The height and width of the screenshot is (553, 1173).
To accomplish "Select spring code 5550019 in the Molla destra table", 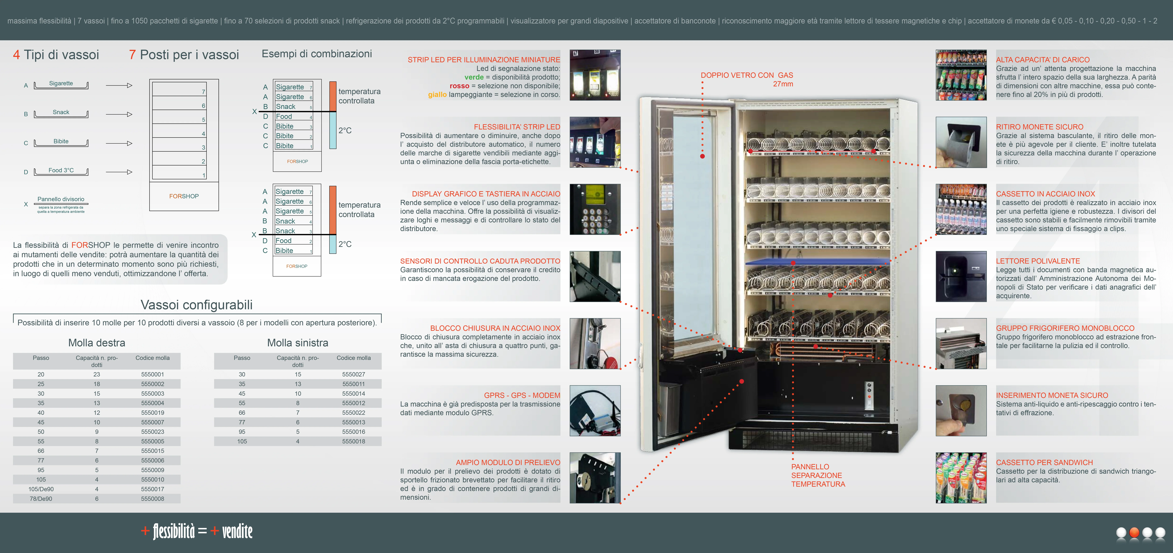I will click(153, 413).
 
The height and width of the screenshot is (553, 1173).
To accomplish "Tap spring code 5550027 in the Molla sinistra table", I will click(353, 374).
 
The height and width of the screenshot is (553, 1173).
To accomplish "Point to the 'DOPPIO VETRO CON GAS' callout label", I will click(747, 75).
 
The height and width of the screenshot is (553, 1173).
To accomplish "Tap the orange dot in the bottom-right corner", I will click(1134, 533).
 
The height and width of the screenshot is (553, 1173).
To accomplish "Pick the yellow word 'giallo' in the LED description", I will click(437, 95).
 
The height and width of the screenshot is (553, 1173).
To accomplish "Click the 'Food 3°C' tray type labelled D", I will click(61, 170).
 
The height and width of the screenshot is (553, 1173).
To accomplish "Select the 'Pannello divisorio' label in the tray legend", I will click(61, 199).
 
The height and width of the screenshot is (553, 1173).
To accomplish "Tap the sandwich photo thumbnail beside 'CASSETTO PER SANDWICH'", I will click(961, 478).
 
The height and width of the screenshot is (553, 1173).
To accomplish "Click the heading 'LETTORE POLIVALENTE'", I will click(1038, 261).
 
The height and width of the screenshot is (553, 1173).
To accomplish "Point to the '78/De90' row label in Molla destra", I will click(41, 499).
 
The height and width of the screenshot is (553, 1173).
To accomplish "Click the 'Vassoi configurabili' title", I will click(197, 305).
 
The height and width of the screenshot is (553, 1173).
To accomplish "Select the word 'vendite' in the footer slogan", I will click(237, 531).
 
